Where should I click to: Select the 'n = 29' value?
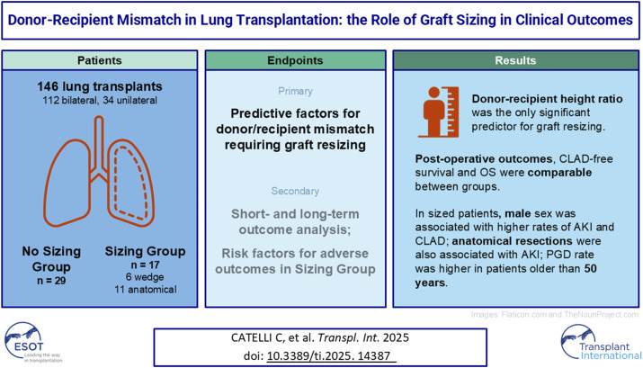pos(51,269)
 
